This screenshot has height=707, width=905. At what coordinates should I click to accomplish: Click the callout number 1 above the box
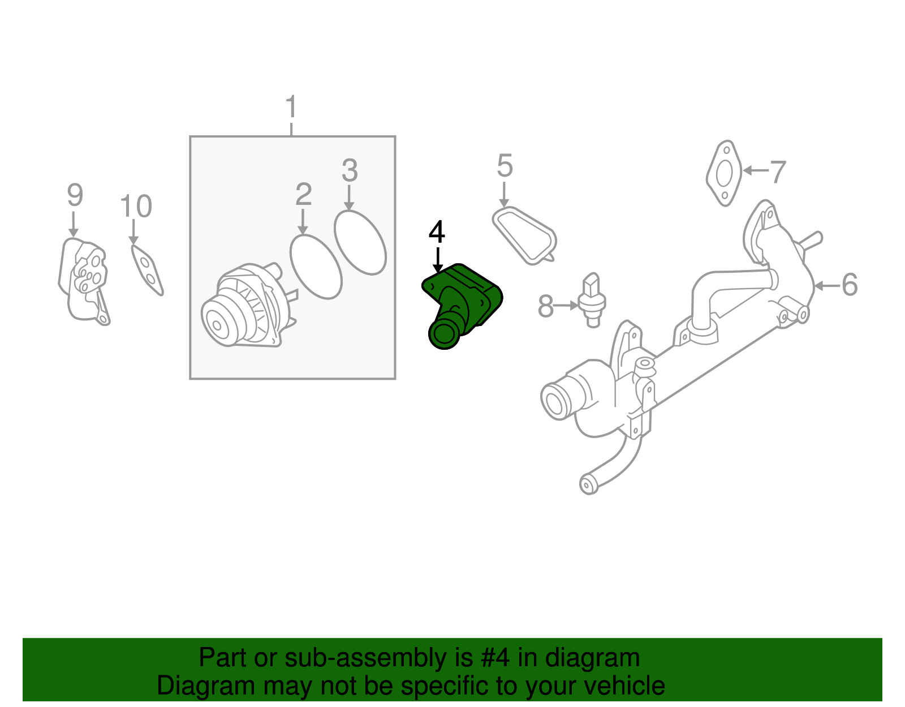(x=291, y=107)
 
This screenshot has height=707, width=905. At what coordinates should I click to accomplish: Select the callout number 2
(x=304, y=194)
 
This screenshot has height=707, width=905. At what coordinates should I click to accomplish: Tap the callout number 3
(x=350, y=170)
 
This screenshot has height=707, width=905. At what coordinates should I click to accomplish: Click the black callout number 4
(x=437, y=232)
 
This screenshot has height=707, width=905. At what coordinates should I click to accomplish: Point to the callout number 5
(x=505, y=166)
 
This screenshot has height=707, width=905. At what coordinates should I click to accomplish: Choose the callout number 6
(x=850, y=285)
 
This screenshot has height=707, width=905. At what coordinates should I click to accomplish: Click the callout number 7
(x=778, y=172)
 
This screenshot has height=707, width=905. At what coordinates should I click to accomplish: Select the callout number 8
(x=545, y=306)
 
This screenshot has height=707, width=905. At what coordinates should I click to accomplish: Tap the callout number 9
(x=75, y=195)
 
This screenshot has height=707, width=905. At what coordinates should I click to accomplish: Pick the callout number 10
(x=136, y=206)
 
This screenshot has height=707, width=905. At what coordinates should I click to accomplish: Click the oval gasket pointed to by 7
(x=724, y=173)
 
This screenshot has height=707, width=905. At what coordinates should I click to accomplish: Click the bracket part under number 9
(x=84, y=280)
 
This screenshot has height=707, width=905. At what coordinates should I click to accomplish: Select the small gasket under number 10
(x=147, y=270)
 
